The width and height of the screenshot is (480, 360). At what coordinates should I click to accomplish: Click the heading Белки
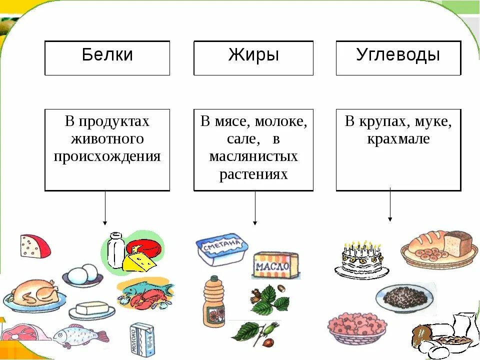(107, 55)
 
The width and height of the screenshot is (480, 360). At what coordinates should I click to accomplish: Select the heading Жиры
(253, 55)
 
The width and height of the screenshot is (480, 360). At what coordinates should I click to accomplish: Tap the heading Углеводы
(398, 55)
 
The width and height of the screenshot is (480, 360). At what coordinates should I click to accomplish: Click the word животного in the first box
(107, 138)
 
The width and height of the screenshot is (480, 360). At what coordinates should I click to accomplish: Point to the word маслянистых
(253, 156)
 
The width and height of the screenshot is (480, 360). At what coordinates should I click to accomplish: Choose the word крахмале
(398, 138)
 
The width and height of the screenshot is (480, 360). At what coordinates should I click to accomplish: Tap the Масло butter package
(275, 265)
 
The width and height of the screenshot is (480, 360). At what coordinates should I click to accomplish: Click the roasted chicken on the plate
(33, 294)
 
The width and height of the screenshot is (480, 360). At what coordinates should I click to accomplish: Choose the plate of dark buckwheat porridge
(405, 298)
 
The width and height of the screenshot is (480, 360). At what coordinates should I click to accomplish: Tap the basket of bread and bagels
(438, 247)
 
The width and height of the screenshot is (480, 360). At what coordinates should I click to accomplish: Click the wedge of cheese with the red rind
(34, 245)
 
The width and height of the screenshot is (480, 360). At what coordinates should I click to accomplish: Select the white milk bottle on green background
(115, 250)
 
